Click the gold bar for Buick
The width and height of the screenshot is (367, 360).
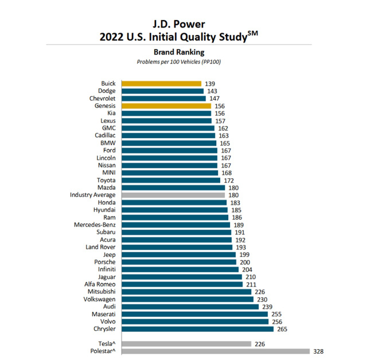click(161, 84)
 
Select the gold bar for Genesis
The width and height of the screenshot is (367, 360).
click(166, 106)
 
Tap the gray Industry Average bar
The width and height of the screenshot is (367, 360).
click(173, 195)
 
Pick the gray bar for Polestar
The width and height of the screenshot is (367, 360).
click(215, 351)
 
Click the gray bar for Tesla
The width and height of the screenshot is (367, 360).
click(186, 343)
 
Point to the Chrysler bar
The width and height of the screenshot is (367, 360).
click(197, 328)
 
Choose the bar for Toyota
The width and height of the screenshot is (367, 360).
click(170, 180)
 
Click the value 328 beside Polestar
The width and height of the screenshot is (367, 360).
click(318, 351)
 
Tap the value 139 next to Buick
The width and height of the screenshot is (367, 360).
click(210, 84)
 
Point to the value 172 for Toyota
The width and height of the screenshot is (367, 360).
click(229, 180)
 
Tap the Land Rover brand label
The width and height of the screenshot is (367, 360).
click(100, 247)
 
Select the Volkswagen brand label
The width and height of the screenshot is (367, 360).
click(99, 299)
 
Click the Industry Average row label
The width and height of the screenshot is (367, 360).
click(93, 195)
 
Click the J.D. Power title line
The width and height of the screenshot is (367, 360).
click(183, 24)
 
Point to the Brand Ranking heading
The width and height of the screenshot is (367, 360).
click(183, 52)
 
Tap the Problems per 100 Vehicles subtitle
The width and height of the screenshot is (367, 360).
click(183, 61)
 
